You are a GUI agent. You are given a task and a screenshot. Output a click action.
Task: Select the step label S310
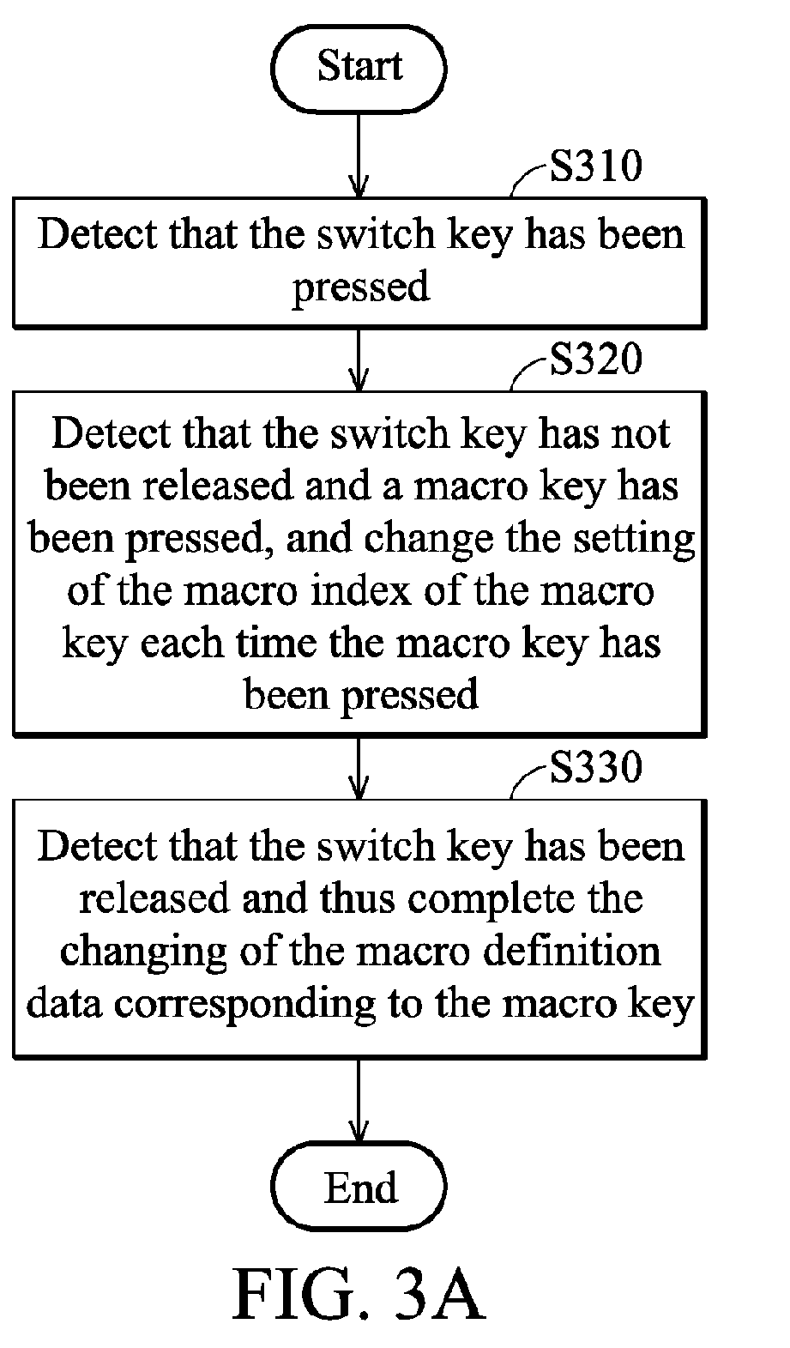[x=595, y=166]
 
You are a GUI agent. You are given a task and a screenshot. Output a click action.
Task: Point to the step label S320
[x=595, y=360]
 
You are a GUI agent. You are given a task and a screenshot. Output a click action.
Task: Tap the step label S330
[x=595, y=767]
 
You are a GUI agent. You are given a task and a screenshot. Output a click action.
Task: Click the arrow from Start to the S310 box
[x=359, y=154]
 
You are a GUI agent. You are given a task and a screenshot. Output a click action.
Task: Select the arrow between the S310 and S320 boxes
[x=359, y=360]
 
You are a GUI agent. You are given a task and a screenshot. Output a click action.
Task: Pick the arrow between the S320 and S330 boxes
[x=359, y=768]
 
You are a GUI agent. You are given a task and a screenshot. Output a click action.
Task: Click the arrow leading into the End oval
[x=359, y=1100]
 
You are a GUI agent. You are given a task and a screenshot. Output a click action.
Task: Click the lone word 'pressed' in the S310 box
[x=361, y=287]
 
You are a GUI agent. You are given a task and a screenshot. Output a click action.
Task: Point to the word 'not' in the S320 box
[x=640, y=433]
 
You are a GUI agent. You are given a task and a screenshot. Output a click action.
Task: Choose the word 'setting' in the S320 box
[x=634, y=539]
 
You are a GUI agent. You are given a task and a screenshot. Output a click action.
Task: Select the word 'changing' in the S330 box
[x=143, y=952]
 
